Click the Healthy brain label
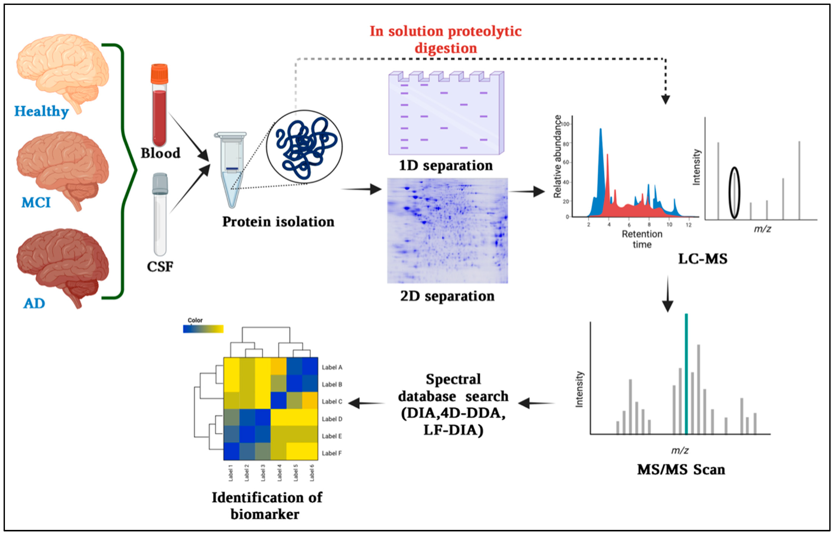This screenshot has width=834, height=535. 41,112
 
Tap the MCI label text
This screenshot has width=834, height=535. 36,202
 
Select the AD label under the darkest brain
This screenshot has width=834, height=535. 34,303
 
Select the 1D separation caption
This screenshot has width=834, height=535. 446,166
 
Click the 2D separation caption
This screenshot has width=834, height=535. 447,296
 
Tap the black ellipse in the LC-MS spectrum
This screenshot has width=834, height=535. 734,193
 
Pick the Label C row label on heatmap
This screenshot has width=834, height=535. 332,402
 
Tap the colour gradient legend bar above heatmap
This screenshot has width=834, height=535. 203,329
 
